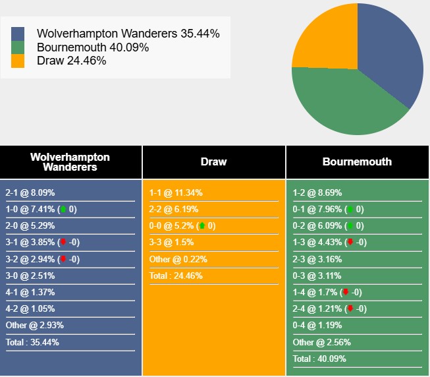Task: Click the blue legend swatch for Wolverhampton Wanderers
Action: pos(18,34)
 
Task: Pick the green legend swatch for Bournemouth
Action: pos(18,47)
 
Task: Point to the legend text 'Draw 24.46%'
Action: pos(72,61)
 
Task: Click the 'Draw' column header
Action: pos(213,161)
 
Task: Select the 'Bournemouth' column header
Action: pos(357,161)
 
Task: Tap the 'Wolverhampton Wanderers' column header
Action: pos(70,161)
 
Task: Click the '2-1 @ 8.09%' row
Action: pos(30,193)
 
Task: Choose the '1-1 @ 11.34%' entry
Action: pos(176,193)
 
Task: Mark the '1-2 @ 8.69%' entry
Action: pos(317,193)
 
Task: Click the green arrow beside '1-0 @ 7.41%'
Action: pos(63,210)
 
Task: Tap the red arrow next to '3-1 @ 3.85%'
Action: pos(63,243)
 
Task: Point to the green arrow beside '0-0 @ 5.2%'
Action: pos(202,226)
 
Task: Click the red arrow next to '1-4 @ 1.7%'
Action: pos(344,292)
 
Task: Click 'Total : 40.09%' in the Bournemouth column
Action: pos(319,359)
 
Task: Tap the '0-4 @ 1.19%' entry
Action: pos(317,325)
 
